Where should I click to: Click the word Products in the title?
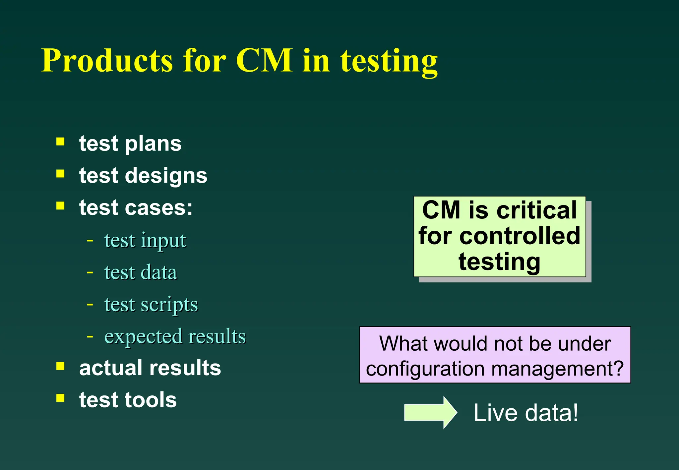coord(107,60)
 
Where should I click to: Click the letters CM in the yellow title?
coord(264,60)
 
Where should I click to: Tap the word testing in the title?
coord(389,62)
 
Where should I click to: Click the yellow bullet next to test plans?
coord(60,142)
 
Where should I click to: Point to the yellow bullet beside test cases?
coord(60,206)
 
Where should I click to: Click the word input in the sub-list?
coord(163,241)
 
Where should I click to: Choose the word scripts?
coord(169,305)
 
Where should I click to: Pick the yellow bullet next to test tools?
coord(60,398)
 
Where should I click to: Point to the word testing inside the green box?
coord(499,262)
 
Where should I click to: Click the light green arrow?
coord(430,413)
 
